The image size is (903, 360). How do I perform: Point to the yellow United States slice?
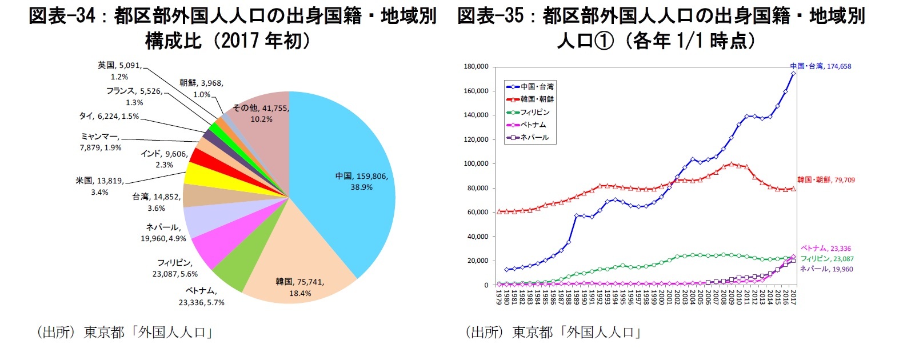198,174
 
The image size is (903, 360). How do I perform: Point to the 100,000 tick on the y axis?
476,164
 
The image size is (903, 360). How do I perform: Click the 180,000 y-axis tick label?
476,67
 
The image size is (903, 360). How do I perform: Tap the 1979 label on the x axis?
499,297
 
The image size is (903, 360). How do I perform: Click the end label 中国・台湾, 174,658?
821,66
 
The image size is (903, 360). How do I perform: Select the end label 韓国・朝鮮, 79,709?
826,180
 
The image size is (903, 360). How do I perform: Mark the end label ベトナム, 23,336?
825,249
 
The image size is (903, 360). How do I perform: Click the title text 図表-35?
490,15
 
